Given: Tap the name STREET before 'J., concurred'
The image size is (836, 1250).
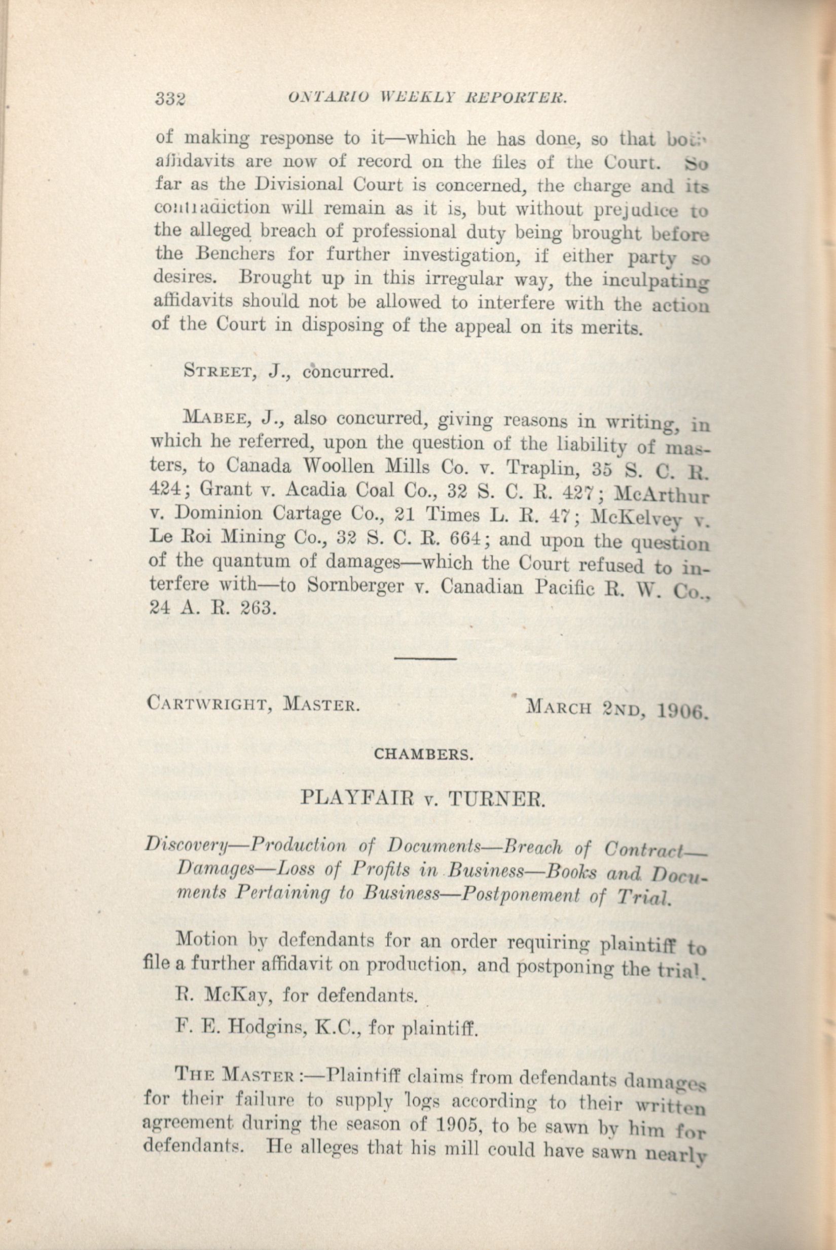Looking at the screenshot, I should pyautogui.click(x=217, y=371).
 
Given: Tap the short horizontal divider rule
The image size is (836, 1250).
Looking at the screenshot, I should pyautogui.click(x=425, y=659).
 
